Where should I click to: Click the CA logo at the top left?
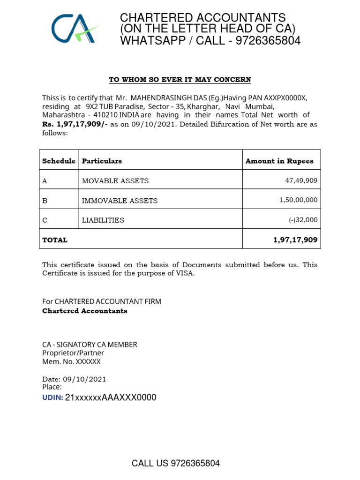[x=75, y=29]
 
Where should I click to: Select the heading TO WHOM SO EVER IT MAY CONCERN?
[x=180, y=80]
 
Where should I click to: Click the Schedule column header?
[x=59, y=161]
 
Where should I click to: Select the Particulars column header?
[x=102, y=161]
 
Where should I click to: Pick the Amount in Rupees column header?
[x=279, y=161]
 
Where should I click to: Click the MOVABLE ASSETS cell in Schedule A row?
[x=115, y=180]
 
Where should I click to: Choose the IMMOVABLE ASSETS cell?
[x=120, y=201]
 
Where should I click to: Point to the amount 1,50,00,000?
[x=298, y=200]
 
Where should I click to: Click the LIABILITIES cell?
[x=103, y=220]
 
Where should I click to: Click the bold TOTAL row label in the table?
[x=55, y=240]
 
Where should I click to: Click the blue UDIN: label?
[x=52, y=398]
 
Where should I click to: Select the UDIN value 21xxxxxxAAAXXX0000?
[x=111, y=398]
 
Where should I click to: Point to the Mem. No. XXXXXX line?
[x=71, y=362]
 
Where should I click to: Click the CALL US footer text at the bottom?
[x=176, y=464]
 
